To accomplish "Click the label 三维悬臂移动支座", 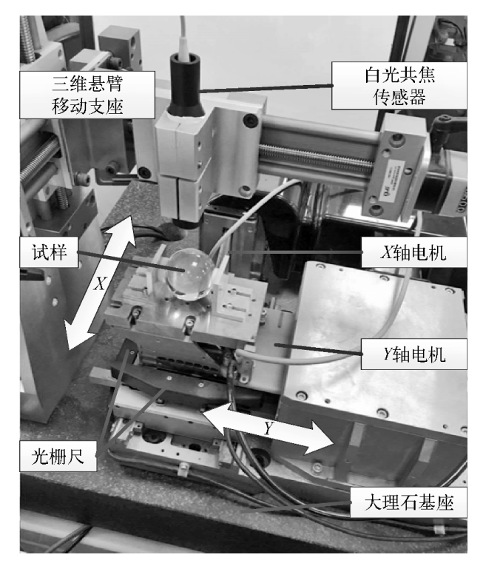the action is point(87,95).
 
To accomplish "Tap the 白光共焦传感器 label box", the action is point(399,86).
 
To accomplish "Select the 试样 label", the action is point(49,252).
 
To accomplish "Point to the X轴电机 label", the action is point(414,252).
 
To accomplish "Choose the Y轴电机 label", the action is point(414,354).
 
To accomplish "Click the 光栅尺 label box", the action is point(58,456).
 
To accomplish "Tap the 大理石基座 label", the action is point(408,503).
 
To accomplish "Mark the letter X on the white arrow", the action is point(100,283).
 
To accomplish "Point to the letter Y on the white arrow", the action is point(268,429).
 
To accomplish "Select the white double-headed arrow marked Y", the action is point(267,428).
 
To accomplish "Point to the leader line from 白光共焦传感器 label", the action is point(266,88).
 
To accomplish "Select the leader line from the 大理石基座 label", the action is point(296,507).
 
